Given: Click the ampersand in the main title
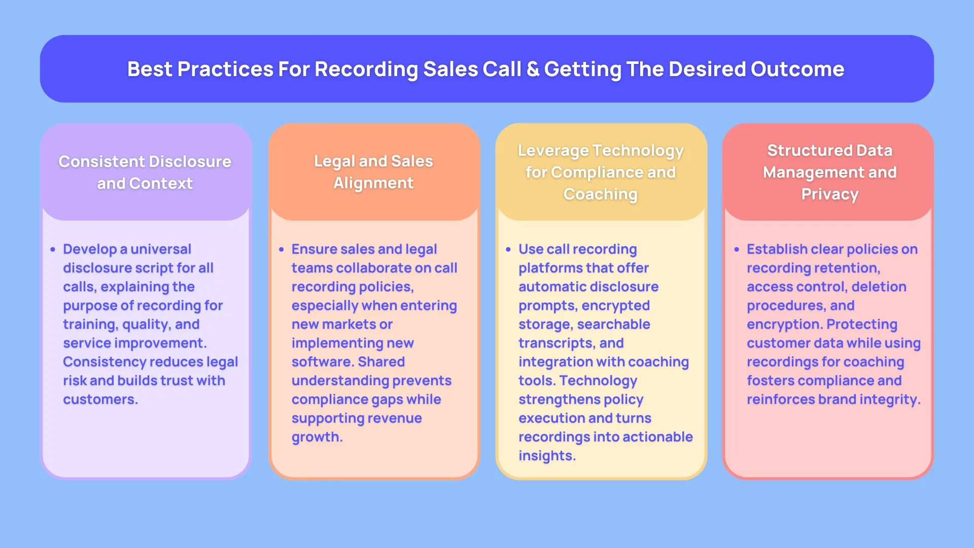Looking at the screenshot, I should (533, 70).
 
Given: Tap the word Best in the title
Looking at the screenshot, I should (149, 70).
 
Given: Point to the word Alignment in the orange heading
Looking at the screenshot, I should (373, 183).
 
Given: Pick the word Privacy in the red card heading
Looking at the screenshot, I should (830, 194).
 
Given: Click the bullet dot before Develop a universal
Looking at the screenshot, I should (53, 250).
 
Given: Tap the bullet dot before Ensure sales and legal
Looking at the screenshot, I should (281, 250).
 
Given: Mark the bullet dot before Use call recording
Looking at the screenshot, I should (508, 250).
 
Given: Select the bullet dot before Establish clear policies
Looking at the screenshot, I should (737, 250).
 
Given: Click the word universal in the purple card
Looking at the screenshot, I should (161, 249).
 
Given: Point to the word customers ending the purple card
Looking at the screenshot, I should (99, 399).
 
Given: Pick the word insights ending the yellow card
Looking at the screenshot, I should (546, 456).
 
